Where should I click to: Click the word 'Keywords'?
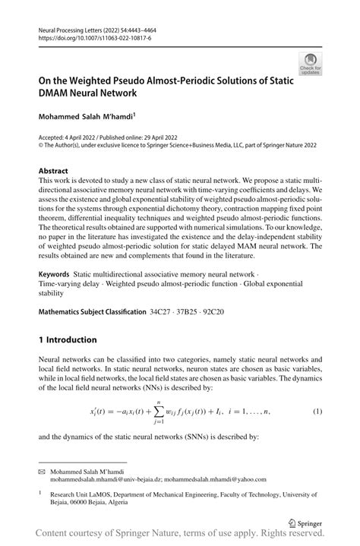[56, 271]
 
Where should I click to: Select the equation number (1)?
[319, 411]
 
